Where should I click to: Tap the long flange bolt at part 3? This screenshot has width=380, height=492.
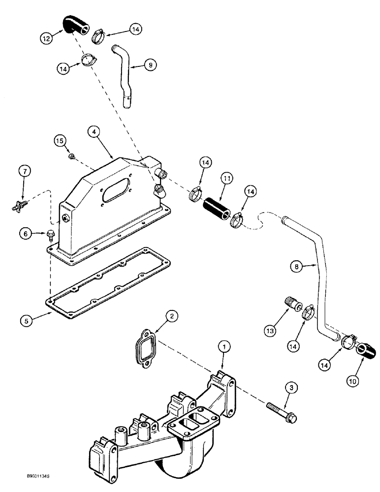(282, 412)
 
